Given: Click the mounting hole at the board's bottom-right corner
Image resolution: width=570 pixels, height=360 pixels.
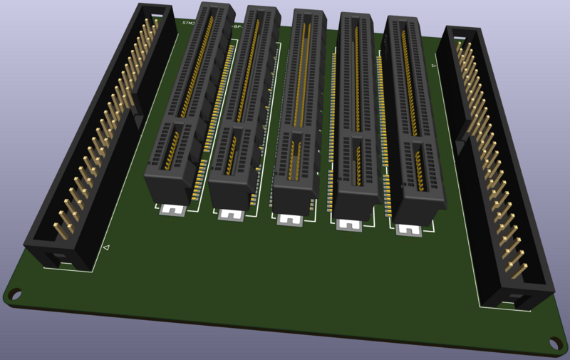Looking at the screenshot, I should click(x=554, y=344).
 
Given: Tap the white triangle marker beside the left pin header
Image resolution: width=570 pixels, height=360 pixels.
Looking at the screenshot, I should click(x=106, y=247).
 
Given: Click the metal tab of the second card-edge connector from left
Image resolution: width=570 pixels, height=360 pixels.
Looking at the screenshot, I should click(x=232, y=214).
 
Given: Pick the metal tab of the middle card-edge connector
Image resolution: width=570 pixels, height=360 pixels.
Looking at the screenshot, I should click(x=290, y=219).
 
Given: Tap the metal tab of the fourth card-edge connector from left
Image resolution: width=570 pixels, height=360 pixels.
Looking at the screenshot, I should click(x=349, y=224).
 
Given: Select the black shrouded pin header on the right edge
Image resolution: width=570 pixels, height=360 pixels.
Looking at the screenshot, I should click(x=493, y=164).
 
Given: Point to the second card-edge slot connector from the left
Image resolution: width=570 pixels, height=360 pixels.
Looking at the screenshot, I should click(x=242, y=110).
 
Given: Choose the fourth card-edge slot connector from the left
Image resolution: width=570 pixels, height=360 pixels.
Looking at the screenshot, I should click(x=356, y=118).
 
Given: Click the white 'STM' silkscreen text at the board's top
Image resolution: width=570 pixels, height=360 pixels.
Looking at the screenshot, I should click(x=188, y=23).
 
